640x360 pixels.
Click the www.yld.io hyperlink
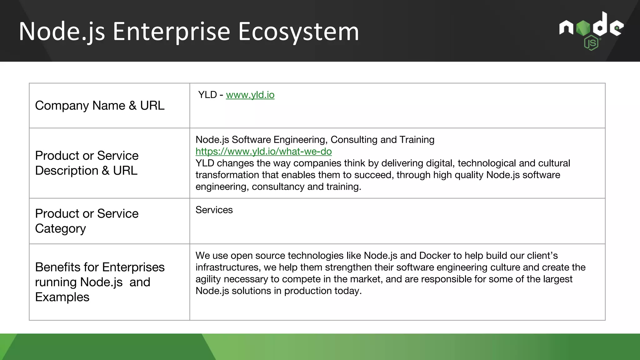[x=250, y=95]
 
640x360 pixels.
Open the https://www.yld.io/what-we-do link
[x=263, y=152]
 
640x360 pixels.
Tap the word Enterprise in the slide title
[x=171, y=32]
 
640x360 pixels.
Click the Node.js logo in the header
[x=591, y=31]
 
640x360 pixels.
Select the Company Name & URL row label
[x=100, y=106]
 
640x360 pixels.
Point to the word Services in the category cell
[x=214, y=210]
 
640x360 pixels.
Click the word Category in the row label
[x=60, y=229]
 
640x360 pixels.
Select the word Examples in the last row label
[x=62, y=297]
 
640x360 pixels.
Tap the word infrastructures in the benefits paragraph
[x=228, y=267]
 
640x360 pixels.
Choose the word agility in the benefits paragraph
[x=208, y=279]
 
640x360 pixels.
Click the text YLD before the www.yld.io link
[x=207, y=95]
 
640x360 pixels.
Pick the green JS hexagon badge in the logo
[x=591, y=43]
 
